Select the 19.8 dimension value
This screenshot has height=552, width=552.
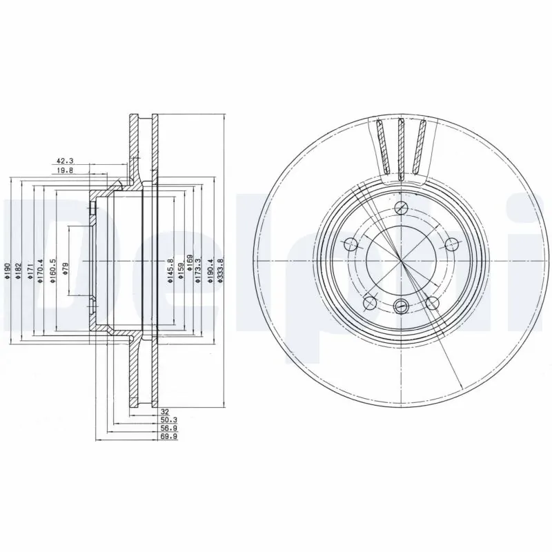click(66, 170)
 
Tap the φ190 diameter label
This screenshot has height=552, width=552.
click(7, 270)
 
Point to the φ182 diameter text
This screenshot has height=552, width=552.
click(19, 269)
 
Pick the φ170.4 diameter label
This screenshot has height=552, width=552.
click(41, 266)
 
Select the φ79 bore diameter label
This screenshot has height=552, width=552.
click(66, 269)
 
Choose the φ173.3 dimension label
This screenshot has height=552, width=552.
click(199, 268)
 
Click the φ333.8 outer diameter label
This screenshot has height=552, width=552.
click(221, 268)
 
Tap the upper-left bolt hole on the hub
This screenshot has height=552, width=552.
click(350, 243)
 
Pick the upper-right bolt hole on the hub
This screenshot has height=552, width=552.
click(452, 243)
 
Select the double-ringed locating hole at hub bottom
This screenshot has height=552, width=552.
click(401, 306)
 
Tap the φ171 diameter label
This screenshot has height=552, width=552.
click(30, 269)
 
